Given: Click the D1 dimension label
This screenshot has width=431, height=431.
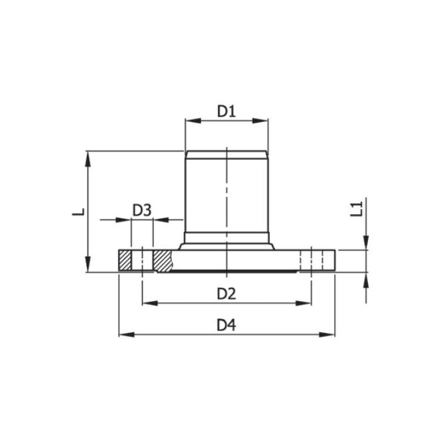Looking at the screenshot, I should pos(227,111).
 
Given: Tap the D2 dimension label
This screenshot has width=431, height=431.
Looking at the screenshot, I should pos(227,293).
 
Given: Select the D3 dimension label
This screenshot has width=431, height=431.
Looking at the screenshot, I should pos(142,210).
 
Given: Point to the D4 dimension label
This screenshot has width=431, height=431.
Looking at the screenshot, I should pos(227,325).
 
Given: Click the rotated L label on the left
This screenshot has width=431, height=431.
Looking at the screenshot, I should pos(79,211).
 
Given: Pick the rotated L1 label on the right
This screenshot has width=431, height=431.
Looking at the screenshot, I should pos(357,209).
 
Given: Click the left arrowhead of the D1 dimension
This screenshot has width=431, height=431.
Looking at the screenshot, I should pos(190,121).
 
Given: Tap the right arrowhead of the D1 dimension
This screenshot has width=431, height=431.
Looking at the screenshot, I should pos(263,121).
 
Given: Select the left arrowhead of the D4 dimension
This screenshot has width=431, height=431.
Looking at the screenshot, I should pos(125,334).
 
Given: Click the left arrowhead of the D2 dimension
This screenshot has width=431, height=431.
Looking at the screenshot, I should pos(148,303).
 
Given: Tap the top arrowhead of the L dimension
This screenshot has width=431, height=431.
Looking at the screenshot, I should pos(88,156).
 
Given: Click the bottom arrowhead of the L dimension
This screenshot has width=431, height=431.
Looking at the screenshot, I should pos(88,267).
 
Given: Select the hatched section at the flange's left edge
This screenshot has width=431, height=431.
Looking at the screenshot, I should pos(125,260).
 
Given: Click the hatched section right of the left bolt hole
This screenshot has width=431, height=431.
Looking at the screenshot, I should pos(162,260).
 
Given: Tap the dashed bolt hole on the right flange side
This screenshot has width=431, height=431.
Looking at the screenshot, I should pos(306,260).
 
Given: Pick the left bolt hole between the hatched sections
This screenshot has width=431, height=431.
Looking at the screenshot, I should pos(142,260).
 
